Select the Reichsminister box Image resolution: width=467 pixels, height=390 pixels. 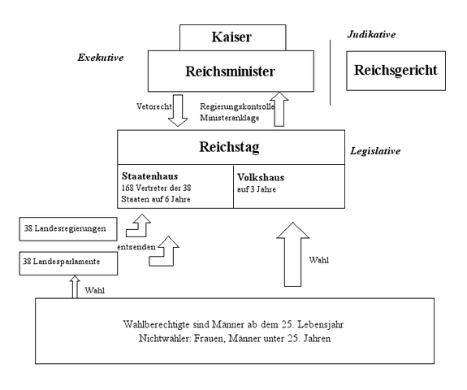pos(230,71)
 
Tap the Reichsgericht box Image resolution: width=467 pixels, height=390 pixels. pos(396,71)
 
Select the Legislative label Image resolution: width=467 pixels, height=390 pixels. pos(376,151)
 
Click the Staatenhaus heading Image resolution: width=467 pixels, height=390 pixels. pos(151,175)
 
